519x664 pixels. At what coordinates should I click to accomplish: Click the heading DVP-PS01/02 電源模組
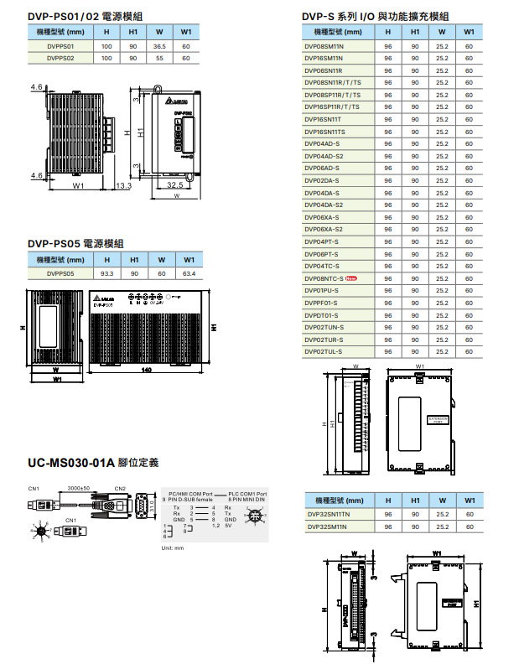tap(80, 16)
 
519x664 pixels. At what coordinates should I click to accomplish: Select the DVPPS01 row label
tap(60, 46)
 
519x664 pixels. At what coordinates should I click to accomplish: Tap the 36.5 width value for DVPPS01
tap(159, 46)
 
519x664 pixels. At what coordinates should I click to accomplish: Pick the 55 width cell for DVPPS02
tap(159, 59)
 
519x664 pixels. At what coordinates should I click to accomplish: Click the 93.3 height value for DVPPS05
tap(106, 272)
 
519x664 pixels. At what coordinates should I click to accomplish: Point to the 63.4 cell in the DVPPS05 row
tap(188, 272)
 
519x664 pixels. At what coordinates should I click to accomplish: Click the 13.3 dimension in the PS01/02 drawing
tap(123, 185)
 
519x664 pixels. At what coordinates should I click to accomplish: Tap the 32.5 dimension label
tap(175, 184)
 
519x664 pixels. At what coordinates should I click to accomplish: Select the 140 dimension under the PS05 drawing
tap(146, 370)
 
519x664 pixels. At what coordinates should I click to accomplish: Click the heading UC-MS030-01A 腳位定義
tap(93, 463)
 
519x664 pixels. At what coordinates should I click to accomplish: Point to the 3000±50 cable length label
tap(79, 488)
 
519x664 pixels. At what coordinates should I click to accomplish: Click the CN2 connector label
tap(120, 488)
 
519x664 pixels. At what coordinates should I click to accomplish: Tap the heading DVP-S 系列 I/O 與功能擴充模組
tap(375, 16)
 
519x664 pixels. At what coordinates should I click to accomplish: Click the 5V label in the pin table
tap(227, 525)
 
